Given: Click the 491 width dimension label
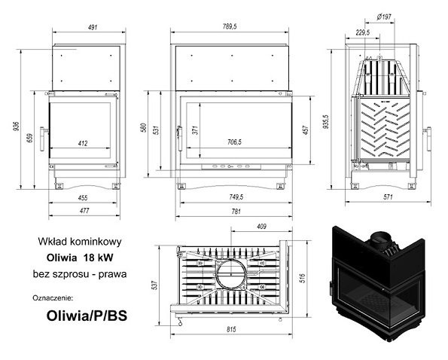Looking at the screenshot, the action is [x=93, y=27].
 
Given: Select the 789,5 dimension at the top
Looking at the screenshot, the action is [x=230, y=26].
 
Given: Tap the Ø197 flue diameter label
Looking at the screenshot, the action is [x=384, y=17].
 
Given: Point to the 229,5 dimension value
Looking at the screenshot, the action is [x=363, y=32].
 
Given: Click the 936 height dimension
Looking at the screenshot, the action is [x=17, y=127].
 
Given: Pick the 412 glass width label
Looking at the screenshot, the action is [x=83, y=143].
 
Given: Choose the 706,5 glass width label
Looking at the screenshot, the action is [x=234, y=142].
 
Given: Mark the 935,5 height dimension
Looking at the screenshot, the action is [x=326, y=122].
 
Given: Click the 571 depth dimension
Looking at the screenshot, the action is [x=388, y=197].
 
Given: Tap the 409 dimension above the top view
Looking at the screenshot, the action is [x=261, y=227].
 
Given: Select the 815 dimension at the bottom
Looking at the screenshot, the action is [x=231, y=329].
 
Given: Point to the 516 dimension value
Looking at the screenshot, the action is [x=303, y=279].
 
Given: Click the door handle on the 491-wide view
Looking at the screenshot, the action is [x=43, y=139].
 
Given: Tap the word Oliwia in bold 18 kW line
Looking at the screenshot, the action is [x=62, y=258].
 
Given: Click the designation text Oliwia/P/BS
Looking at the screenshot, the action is [x=87, y=316].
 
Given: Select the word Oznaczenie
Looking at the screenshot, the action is [x=53, y=298].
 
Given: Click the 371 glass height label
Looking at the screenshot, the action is [x=195, y=131].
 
